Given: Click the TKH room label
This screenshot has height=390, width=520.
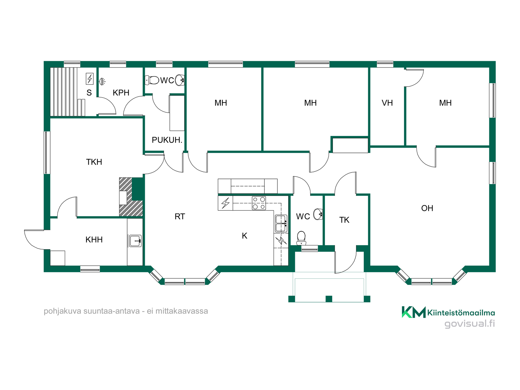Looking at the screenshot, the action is (94, 162).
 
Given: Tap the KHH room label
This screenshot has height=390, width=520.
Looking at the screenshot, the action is (94, 240).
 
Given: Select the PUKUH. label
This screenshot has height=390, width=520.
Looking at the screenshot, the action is (167, 140).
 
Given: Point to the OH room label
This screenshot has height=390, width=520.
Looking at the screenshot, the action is (427, 208).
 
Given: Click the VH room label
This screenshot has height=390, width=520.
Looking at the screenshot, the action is (387, 103).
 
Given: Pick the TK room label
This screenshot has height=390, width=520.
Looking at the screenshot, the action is (344, 220).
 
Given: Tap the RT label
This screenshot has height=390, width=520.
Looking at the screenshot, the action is (180, 217).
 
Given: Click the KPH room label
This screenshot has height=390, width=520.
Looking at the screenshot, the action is (121, 93).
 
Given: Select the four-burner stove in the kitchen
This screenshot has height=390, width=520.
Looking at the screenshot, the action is (259, 203).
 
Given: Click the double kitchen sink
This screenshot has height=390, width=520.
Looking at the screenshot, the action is (281, 224).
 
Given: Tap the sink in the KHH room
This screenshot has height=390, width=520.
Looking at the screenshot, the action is (135, 241).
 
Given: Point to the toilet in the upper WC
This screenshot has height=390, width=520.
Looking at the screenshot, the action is (152, 80).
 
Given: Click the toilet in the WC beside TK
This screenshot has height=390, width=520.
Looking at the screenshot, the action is (301, 238).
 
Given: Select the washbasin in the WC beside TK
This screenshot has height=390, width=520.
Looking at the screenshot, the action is (318, 214).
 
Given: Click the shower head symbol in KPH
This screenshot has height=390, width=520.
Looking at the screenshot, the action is (102, 81).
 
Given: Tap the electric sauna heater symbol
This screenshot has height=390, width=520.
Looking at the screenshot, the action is (90, 79).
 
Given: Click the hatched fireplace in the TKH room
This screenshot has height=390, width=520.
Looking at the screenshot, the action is (131, 197).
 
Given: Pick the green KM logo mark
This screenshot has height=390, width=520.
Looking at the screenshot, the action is (413, 312).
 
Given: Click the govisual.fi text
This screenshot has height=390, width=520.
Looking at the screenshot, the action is (470, 324).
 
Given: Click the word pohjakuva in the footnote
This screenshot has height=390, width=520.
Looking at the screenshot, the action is (62, 311).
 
